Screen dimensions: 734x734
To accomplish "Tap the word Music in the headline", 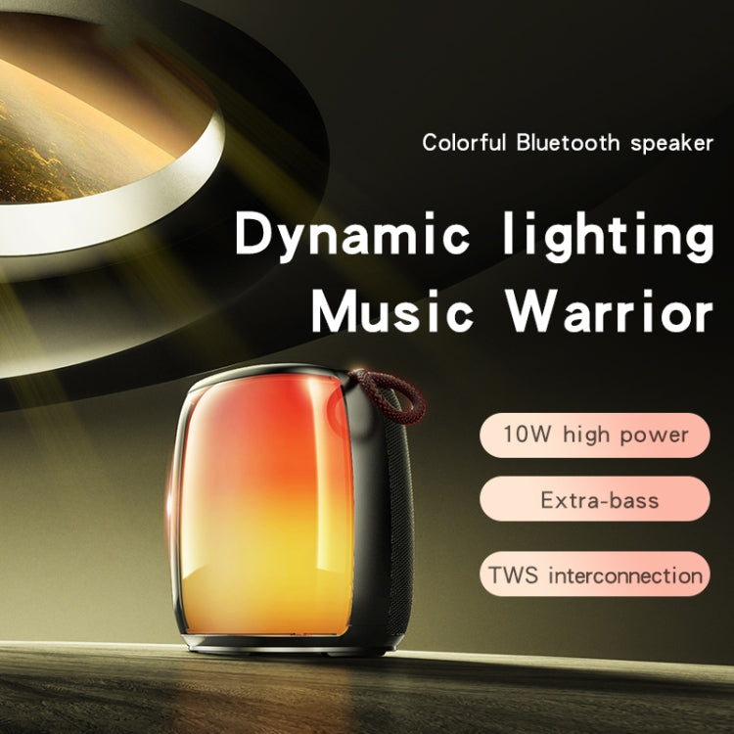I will click(390, 310).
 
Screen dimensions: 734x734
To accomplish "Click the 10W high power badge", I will click(594, 434).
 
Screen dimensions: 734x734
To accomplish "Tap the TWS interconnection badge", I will click(594, 573).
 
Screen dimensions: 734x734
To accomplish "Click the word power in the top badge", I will click(654, 435).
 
